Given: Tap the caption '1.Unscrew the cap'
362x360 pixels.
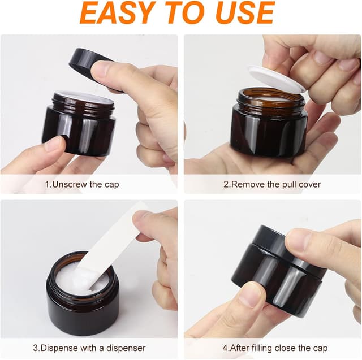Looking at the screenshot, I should coord(82,184).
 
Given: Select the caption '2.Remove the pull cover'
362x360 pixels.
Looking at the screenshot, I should coord(273,184).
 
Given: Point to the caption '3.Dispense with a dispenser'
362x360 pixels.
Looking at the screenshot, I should coord(89,348).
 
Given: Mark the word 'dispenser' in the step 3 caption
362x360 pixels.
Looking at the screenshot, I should coord(126,348).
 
